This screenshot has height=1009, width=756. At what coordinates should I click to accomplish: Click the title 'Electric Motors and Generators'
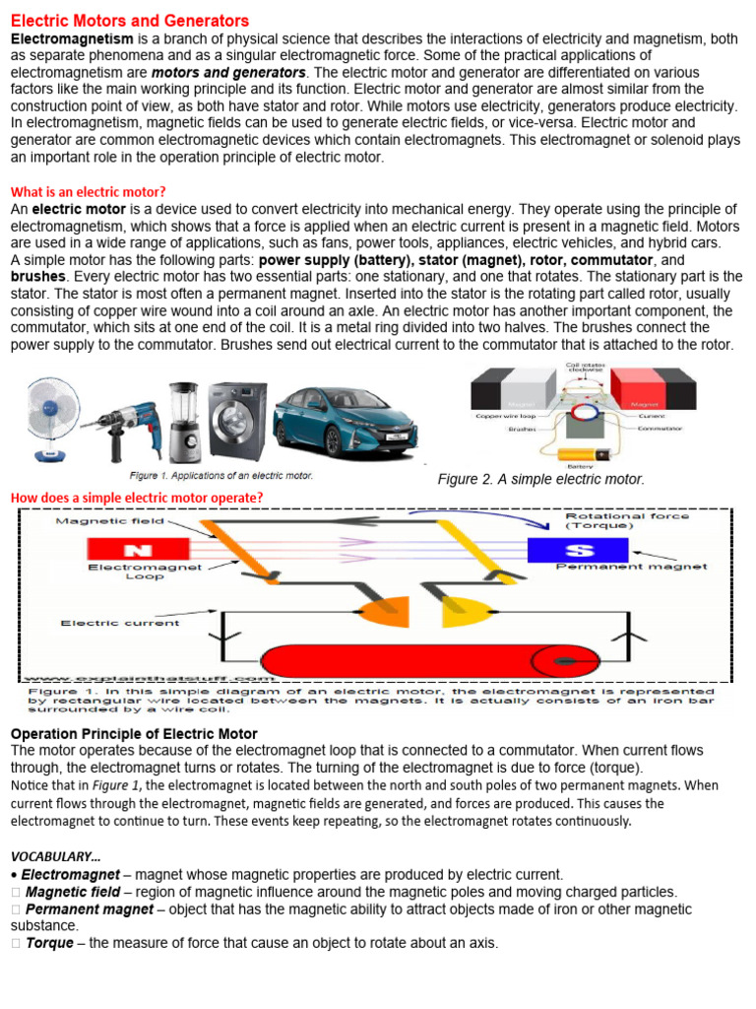point(129,21)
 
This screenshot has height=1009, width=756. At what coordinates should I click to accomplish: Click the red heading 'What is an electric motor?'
point(88,191)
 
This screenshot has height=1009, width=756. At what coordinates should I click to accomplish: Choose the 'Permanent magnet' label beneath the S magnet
point(631,568)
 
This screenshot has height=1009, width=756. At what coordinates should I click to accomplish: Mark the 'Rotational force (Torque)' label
point(626,520)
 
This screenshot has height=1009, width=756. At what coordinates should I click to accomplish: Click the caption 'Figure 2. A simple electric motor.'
point(540,479)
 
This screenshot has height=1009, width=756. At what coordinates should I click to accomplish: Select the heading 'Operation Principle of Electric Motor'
point(134,734)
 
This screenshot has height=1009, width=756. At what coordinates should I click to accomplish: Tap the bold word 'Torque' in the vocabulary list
point(49,943)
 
